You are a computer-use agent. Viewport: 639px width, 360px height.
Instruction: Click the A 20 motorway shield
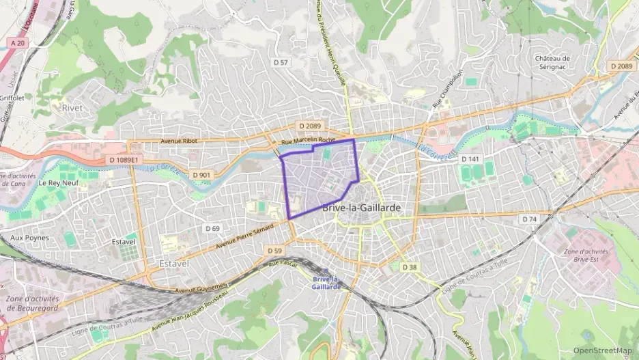pos(18,42)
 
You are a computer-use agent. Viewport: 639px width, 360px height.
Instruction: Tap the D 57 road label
pos(281,62)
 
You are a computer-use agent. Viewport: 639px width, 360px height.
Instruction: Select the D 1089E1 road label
pos(124,160)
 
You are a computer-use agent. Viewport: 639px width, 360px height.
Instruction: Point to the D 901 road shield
pos(201,174)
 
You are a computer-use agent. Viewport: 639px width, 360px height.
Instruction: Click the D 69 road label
pos(212,227)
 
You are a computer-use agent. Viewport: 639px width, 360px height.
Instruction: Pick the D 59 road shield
pos(274,251)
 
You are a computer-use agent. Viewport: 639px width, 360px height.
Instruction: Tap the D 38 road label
pos(409,266)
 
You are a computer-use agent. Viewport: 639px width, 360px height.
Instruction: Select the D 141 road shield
pos(470,158)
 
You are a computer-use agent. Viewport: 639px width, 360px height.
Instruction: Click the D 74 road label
pos(530,219)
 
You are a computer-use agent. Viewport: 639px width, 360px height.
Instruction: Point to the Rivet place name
pos(72,108)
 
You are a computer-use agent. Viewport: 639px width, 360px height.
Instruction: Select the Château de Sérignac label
pos(552,63)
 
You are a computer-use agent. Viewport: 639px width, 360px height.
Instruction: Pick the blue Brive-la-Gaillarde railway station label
pos(326,283)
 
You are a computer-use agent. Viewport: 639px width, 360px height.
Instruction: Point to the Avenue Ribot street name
pos(178,141)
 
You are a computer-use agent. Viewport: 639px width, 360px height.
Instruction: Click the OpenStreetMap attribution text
pos(602,350)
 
